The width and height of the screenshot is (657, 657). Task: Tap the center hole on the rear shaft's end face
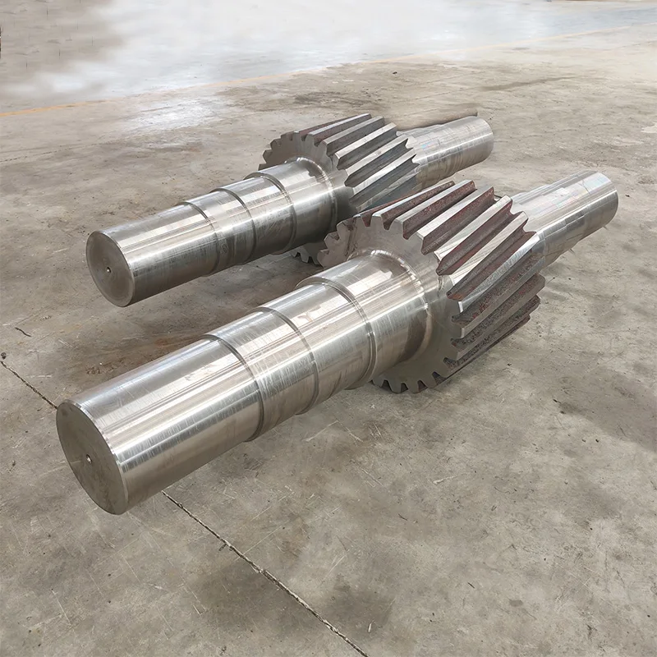(108, 267)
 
